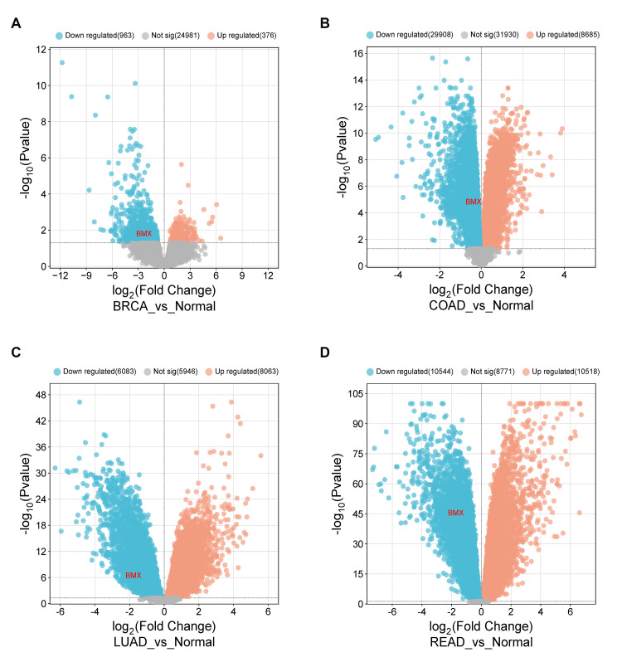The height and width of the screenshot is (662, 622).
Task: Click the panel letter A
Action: [x=16, y=22]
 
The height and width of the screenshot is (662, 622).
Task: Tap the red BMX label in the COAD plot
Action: [x=472, y=202]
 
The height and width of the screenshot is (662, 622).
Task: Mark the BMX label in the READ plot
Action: [x=455, y=513]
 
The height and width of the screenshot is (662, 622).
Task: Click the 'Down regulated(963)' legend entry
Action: [x=94, y=36]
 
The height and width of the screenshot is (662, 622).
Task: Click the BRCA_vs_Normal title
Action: [x=163, y=306]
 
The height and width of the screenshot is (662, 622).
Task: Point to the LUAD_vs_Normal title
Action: [x=163, y=641]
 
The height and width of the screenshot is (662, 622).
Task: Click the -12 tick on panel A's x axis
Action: [x=60, y=275]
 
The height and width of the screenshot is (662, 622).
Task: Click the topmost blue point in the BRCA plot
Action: [x=61, y=62]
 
